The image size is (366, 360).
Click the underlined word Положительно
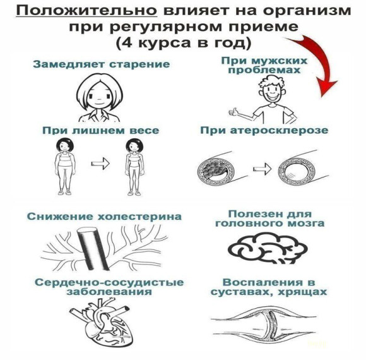86,11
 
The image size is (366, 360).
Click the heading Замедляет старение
102,64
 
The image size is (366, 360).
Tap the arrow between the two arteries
262,168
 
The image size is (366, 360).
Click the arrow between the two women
100,163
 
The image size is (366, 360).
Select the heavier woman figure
64,166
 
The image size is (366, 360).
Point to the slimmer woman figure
134,167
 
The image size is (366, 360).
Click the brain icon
268,248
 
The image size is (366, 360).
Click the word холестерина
139,217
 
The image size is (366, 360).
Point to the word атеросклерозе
279,130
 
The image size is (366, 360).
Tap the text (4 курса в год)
183,43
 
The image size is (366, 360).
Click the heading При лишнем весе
100,130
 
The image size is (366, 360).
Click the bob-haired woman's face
100,96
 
